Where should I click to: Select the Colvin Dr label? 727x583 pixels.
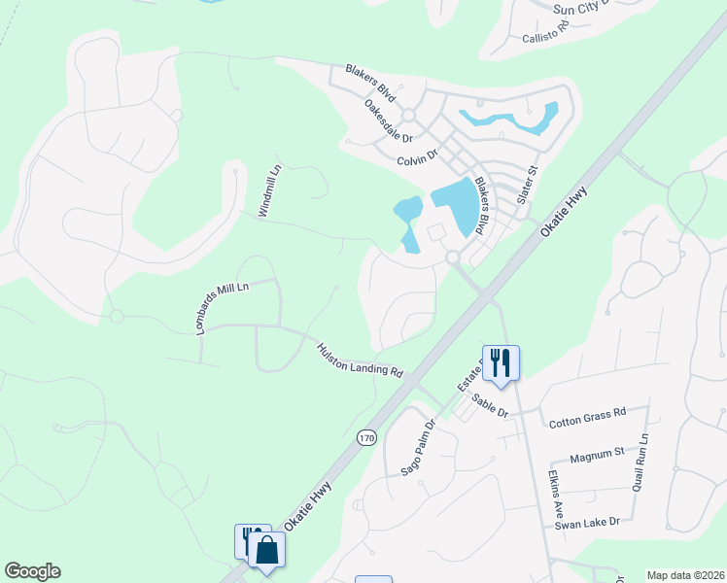[418, 156]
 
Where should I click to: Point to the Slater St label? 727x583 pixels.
[528, 185]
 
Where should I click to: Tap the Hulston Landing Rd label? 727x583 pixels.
[360, 359]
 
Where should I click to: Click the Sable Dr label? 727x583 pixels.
[490, 405]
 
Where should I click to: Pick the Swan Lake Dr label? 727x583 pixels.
[587, 523]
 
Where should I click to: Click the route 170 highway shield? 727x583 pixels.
[366, 438]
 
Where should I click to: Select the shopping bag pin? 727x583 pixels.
[267, 550]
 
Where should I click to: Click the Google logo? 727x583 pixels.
[32, 570]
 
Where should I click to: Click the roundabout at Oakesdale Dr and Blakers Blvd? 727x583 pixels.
[408, 116]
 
